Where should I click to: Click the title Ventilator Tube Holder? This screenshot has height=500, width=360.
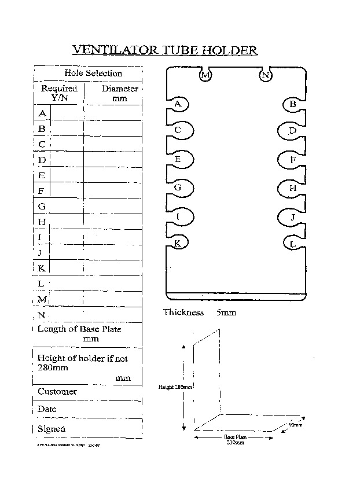pyautogui.click(x=165, y=50)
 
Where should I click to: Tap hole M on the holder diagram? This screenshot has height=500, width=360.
pyautogui.click(x=206, y=75)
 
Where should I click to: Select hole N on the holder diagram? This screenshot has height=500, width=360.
pyautogui.click(x=266, y=75)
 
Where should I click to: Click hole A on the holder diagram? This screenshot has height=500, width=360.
pyautogui.click(x=179, y=104)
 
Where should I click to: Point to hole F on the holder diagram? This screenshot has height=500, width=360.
pyautogui.click(x=293, y=160)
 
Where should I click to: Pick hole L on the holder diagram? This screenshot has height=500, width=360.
pyautogui.click(x=293, y=244)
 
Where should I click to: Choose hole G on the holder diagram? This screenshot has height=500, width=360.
pyautogui.click(x=178, y=187)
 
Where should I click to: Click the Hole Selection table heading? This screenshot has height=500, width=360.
pyautogui.click(x=93, y=73)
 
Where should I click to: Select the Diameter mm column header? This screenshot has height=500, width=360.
pyautogui.click(x=120, y=93)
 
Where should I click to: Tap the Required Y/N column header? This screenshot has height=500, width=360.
pyautogui.click(x=59, y=93)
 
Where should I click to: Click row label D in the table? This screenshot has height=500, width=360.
pyautogui.click(x=42, y=160)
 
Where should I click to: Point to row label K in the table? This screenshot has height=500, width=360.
pyautogui.click(x=42, y=268)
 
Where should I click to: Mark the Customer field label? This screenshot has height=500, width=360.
pyautogui.click(x=57, y=392)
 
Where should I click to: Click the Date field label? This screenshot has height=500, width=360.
pyautogui.click(x=47, y=409)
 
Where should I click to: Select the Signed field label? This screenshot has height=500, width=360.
pyautogui.click(x=52, y=429)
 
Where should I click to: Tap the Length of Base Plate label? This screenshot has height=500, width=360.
pyautogui.click(x=79, y=329)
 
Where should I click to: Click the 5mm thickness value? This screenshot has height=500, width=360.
pyautogui.click(x=226, y=312)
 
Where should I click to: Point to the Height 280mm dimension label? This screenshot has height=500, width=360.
pyautogui.click(x=175, y=387)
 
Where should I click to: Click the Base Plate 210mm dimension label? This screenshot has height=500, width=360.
pyautogui.click(x=235, y=440)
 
